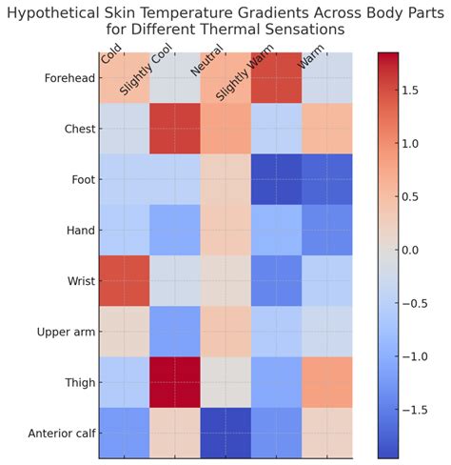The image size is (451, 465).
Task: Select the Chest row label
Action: click(x=76, y=130)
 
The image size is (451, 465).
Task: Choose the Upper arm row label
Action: click(x=66, y=332)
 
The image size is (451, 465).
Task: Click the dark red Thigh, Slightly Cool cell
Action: click(x=175, y=382)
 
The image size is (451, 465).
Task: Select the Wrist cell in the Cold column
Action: click(x=125, y=281)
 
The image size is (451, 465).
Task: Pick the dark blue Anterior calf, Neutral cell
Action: click(x=225, y=433)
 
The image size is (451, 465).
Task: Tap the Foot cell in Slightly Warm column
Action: click(x=276, y=180)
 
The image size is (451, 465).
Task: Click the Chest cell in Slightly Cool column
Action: click(x=175, y=130)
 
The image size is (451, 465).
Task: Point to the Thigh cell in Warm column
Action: click(x=326, y=382)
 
